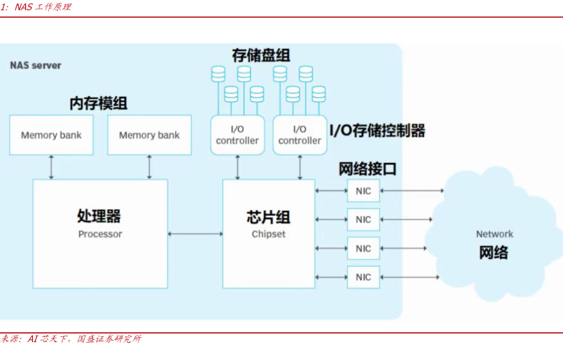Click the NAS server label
tap(35, 65)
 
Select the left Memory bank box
tap(51, 135)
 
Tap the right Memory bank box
tap(149, 135)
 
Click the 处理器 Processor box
tap(100, 224)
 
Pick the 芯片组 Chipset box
tap(268, 224)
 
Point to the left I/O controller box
tap(237, 135)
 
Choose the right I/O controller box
tap(300, 135)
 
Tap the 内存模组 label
tap(98, 103)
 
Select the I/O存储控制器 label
tap(377, 131)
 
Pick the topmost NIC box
tap(364, 191)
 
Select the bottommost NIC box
tap(364, 277)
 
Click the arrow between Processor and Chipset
tap(195, 234)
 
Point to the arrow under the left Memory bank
tap(51, 167)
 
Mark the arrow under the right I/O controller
tap(300, 167)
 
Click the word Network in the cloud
tap(495, 234)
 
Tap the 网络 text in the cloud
tap(493, 252)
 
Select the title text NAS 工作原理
tap(42, 6)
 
